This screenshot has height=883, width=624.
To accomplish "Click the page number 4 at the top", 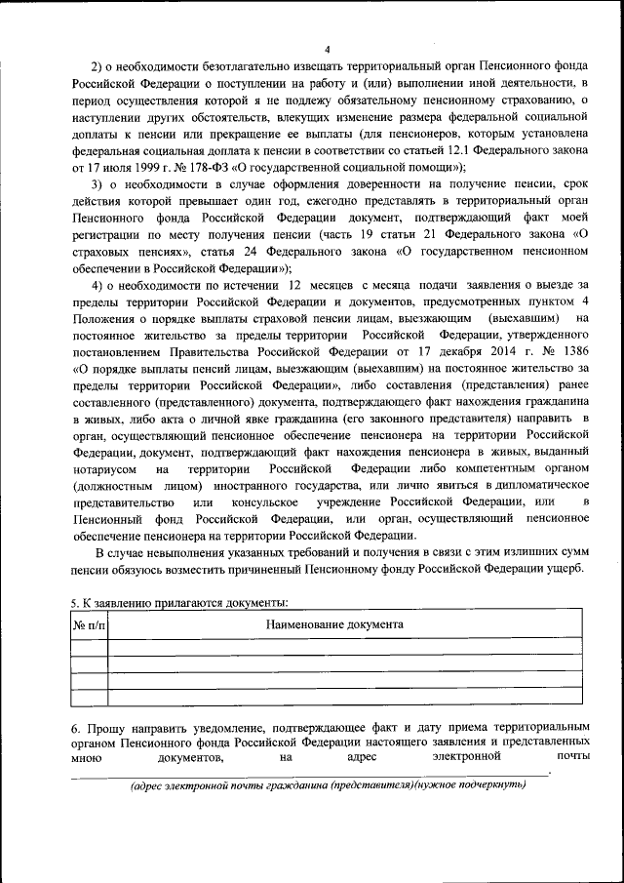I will (328, 51).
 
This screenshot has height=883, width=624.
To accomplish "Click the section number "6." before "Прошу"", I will (77, 730).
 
